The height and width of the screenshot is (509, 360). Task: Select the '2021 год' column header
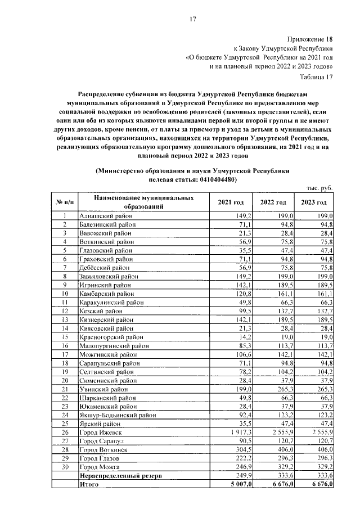coord(229,202)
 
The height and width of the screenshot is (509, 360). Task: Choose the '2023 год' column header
coord(313,202)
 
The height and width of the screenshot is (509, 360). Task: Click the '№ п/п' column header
coord(65,202)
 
